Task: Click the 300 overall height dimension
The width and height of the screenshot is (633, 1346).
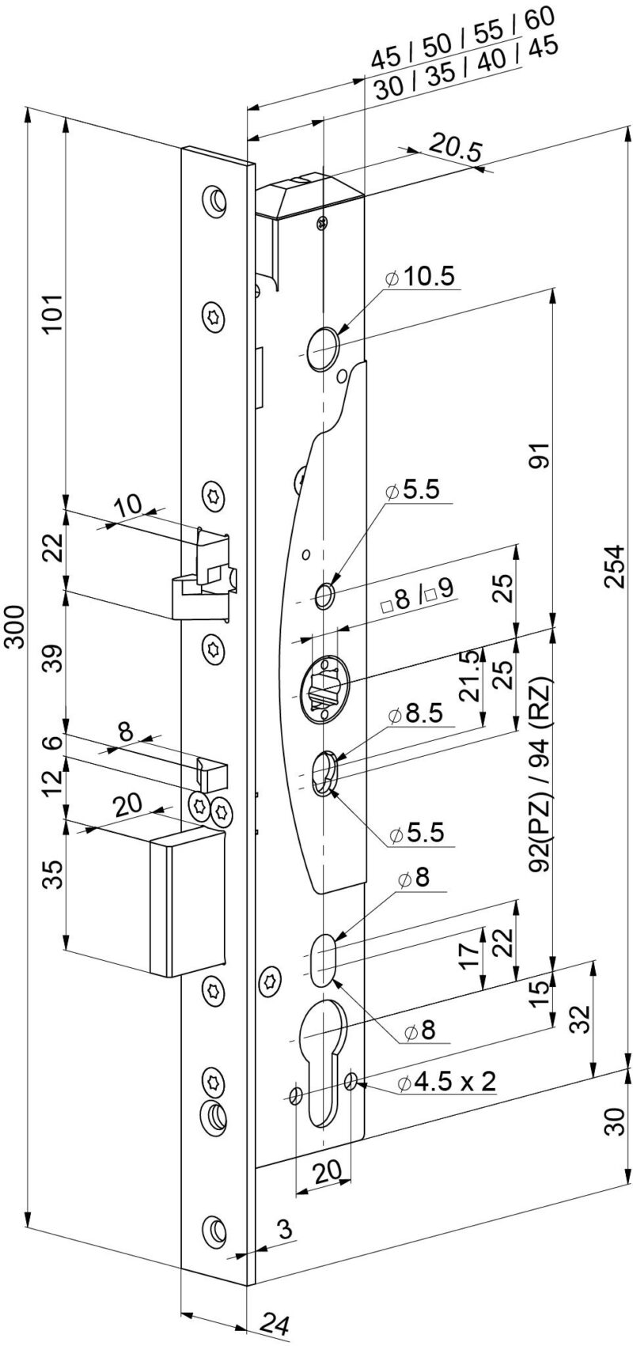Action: (x=14, y=628)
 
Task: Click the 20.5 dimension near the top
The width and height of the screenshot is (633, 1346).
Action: (x=456, y=149)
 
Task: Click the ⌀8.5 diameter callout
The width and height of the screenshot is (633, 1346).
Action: (x=419, y=715)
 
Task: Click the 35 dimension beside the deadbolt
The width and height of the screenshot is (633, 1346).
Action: (x=51, y=875)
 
